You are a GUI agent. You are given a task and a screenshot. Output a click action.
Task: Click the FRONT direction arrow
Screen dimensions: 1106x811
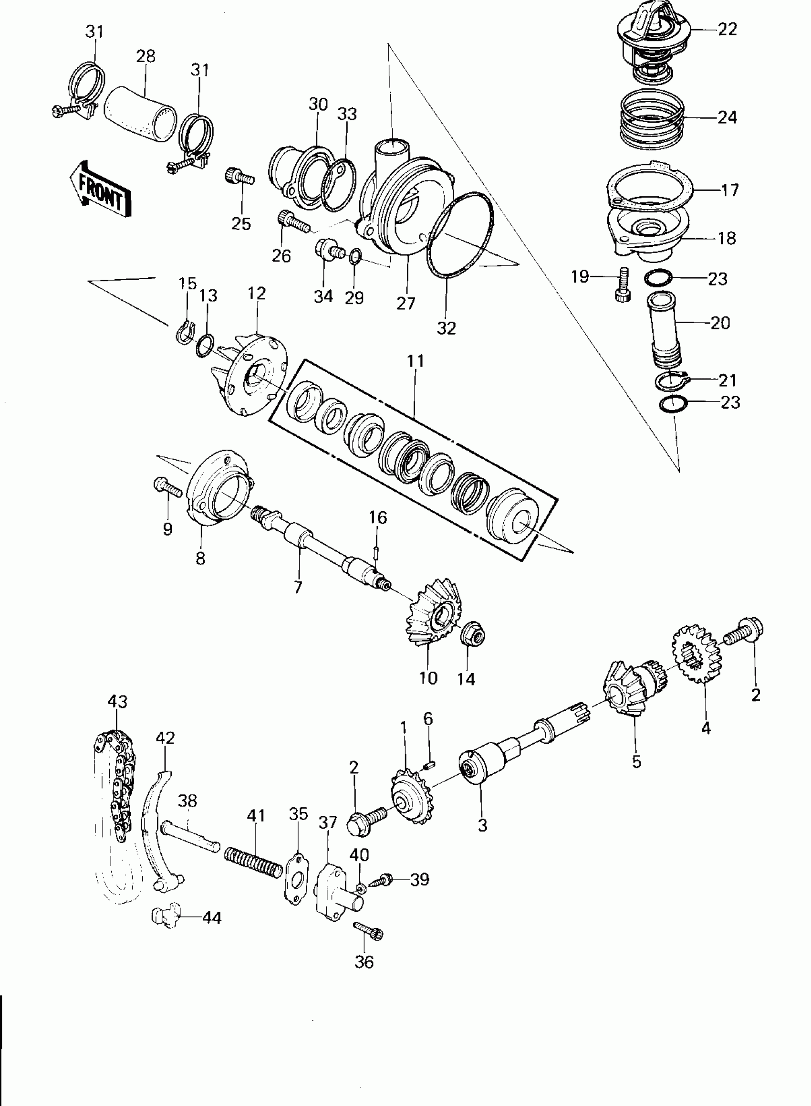coord(101,189)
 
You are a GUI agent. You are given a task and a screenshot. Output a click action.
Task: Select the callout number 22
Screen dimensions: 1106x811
coord(727,30)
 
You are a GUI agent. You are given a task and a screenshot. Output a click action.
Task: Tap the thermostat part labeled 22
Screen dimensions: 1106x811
coord(653,42)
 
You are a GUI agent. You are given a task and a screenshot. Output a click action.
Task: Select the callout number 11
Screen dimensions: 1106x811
coord(416,361)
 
